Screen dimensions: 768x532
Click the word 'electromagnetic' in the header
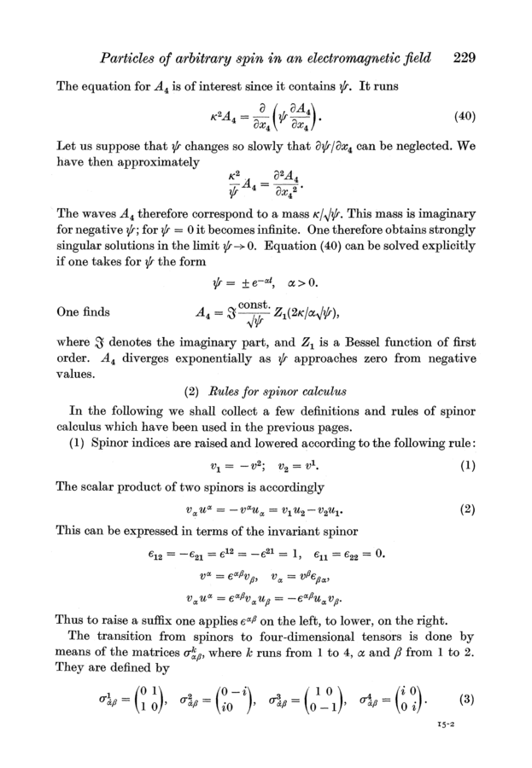(x=363, y=59)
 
